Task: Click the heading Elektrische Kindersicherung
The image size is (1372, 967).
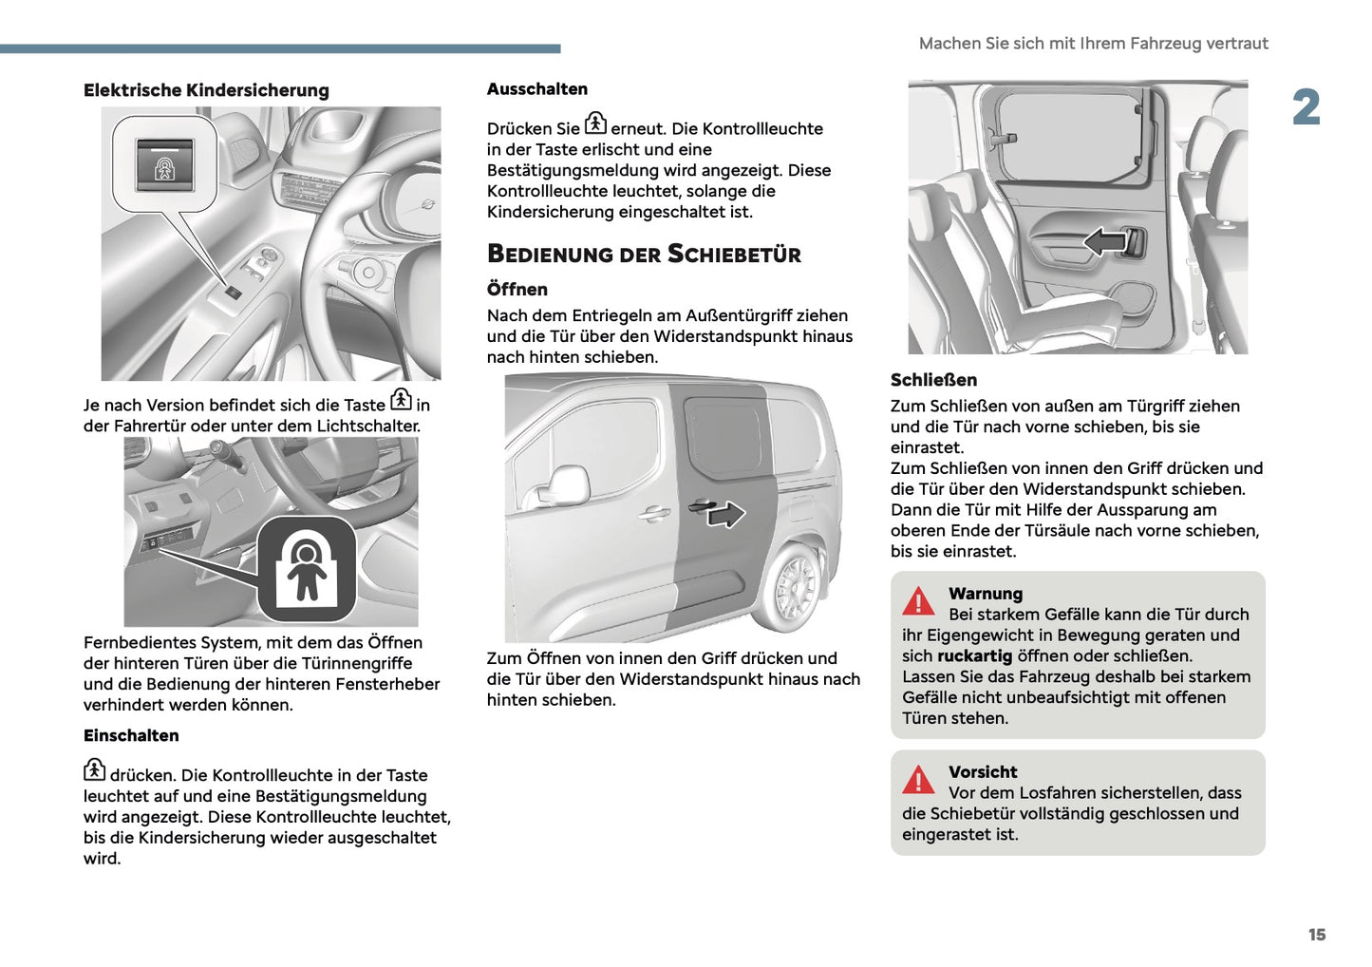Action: click(206, 90)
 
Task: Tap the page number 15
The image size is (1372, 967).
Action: click(1316, 935)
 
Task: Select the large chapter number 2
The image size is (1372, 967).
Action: click(1306, 107)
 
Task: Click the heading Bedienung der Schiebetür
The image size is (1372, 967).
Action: click(644, 254)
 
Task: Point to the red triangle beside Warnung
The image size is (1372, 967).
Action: click(918, 601)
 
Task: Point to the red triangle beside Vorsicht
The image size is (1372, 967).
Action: click(918, 780)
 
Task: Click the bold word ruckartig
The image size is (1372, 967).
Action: click(974, 656)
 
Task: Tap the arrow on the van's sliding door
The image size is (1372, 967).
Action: click(725, 515)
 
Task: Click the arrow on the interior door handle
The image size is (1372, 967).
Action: click(1105, 241)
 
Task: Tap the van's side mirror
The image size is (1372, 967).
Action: click(567, 485)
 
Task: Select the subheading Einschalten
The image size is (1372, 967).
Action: click(131, 736)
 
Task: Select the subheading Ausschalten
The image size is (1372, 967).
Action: click(537, 89)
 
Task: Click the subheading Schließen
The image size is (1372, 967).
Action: click(933, 380)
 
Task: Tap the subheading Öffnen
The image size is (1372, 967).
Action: click(517, 290)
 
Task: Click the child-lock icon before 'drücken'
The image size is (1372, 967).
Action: click(94, 769)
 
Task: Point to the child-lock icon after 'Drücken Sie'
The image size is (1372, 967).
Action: click(595, 123)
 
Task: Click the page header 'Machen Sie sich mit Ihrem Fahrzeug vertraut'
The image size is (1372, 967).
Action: click(1093, 44)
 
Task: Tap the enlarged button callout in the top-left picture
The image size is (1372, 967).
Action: click(165, 164)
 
